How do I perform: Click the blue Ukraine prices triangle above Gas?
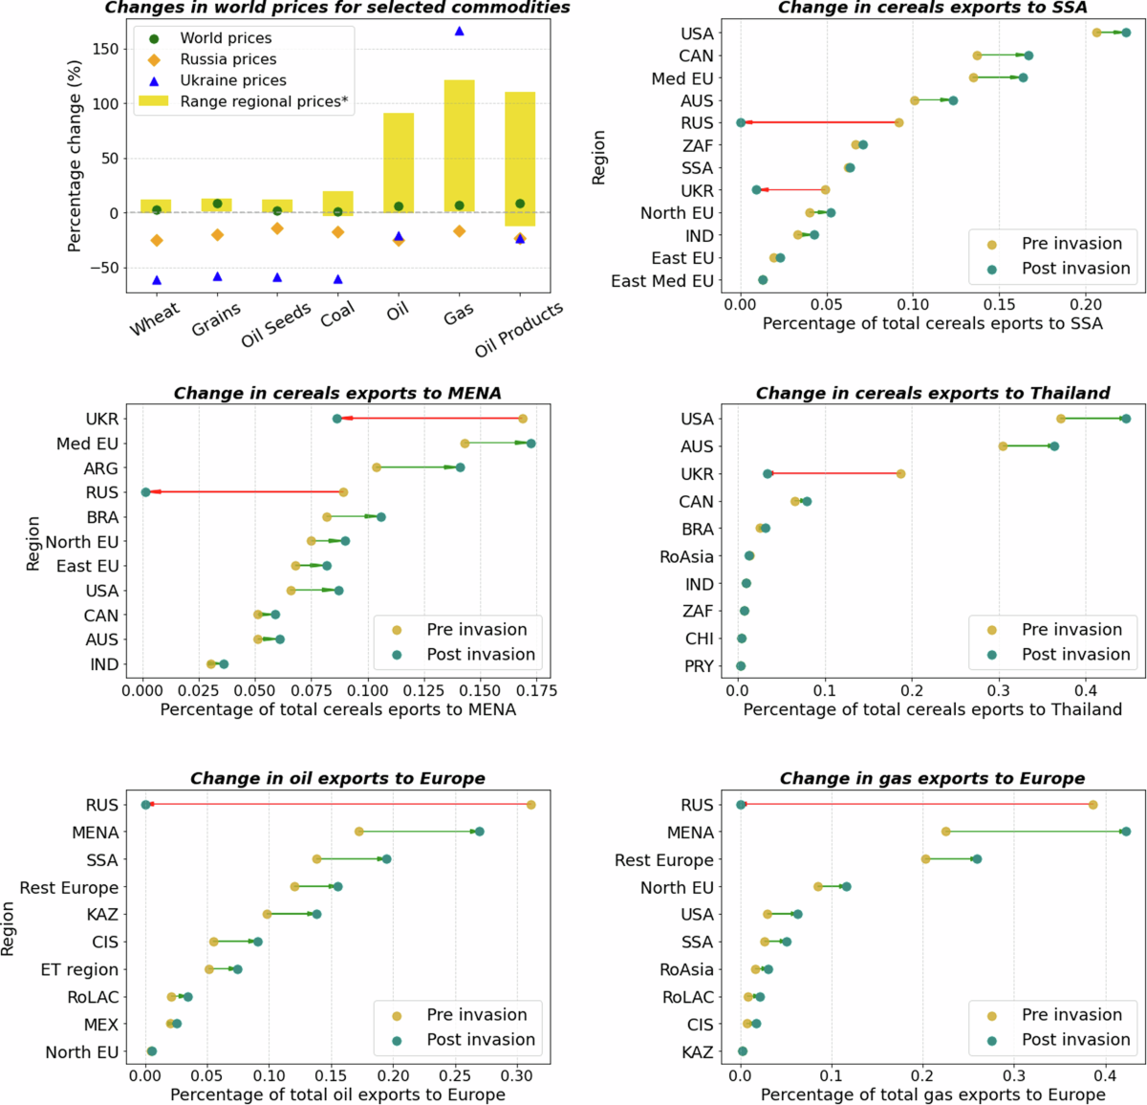coord(459,32)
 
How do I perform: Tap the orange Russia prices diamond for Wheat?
coord(157,240)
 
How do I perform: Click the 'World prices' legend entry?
coord(226,38)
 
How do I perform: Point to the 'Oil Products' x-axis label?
coord(519,329)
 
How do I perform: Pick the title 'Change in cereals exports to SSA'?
coord(932,8)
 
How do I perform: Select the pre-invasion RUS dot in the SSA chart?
coord(898,122)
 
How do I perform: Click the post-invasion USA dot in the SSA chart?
coord(1126,32)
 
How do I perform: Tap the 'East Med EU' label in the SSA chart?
coord(662,281)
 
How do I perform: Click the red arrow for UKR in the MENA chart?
coord(430,419)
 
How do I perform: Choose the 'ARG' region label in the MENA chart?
coord(101,468)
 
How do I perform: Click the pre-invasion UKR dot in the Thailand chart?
coord(900,474)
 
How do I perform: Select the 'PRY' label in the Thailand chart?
coord(699,666)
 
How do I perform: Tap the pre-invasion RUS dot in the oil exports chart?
coord(530,805)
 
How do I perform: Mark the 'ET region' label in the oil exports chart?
coord(79,969)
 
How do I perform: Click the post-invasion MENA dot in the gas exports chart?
coord(1126,832)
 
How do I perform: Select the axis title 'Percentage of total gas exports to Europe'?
coord(932,1094)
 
